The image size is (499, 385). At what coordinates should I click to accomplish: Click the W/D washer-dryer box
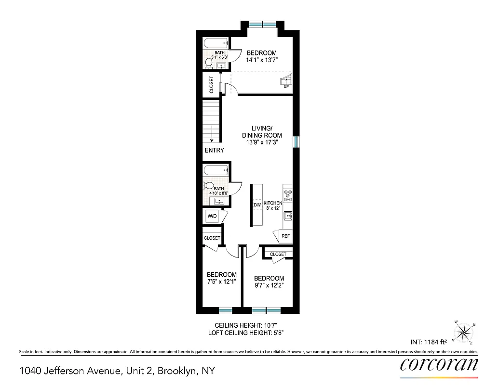212,217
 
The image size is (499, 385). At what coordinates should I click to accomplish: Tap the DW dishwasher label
257,205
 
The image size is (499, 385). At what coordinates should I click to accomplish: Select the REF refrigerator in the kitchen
285,236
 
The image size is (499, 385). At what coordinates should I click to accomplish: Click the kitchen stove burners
288,195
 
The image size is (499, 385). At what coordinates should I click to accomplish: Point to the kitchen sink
288,216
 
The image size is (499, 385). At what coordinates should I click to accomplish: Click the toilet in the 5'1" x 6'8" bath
209,63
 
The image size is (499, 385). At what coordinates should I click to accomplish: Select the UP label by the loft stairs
286,87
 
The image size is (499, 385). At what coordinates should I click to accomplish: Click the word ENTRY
215,150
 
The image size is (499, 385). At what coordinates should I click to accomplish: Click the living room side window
296,141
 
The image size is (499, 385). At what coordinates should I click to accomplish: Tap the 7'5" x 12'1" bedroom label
221,282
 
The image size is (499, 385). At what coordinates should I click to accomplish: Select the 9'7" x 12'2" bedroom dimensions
269,285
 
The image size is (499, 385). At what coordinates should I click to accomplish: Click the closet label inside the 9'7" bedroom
278,254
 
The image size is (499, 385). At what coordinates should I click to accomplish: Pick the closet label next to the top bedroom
212,85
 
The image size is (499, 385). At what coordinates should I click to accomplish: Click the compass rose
464,332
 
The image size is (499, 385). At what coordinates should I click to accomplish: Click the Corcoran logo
439,364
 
